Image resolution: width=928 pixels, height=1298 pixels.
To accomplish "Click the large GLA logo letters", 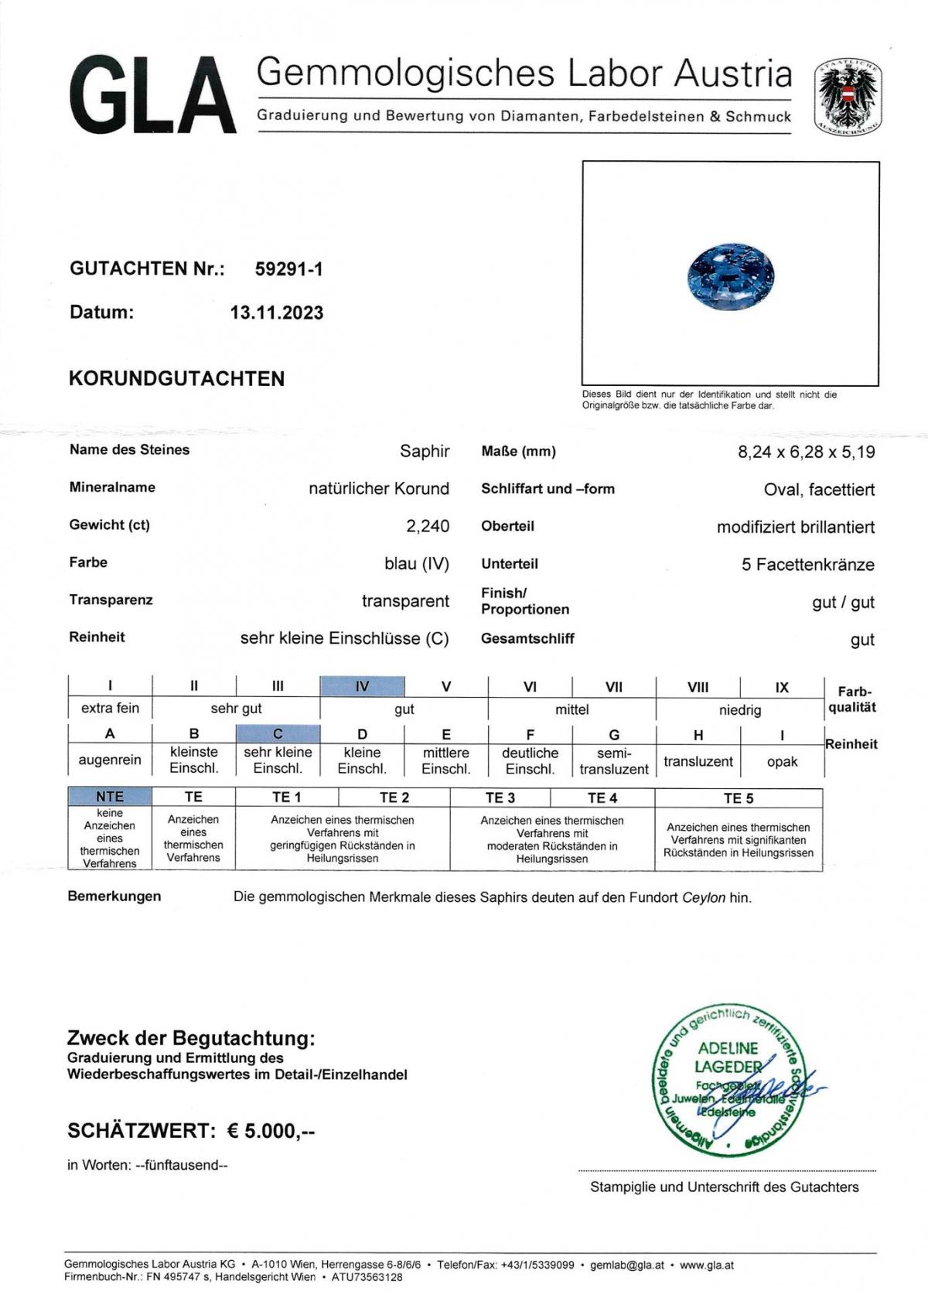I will [152, 97].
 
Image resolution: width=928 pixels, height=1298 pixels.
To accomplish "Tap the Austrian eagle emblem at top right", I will [848, 97].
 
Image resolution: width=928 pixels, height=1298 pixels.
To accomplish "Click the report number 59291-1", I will [288, 269].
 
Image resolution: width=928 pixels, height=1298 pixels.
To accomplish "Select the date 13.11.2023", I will [277, 313].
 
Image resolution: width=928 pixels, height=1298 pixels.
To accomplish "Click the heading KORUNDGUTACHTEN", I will [177, 379].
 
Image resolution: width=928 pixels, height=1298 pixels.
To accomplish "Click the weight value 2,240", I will [428, 526].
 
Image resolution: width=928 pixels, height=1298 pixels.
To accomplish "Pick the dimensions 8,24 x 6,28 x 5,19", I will [806, 453].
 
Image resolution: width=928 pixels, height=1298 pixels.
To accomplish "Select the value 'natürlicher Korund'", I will [379, 489].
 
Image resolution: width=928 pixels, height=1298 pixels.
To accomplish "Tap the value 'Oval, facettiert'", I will [819, 490].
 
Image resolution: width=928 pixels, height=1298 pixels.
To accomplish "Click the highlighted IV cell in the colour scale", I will [362, 686].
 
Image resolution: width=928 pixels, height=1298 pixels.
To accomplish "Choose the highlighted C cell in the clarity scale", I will [278, 733].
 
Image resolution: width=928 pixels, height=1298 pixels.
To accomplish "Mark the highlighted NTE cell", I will [110, 797].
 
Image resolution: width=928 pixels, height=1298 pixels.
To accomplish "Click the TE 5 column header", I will [738, 798].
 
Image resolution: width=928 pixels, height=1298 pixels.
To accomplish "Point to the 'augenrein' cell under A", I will [110, 760].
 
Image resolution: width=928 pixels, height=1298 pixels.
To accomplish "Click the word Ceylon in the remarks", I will [703, 898].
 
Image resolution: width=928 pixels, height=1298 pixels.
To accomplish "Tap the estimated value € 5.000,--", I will [271, 1131].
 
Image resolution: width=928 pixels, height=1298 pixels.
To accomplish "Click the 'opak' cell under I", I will [782, 761].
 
